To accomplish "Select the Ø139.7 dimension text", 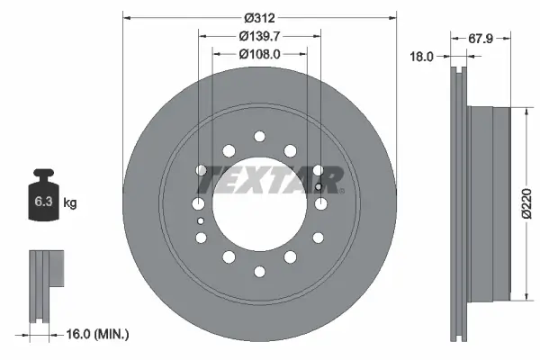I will pyautogui.click(x=259, y=35).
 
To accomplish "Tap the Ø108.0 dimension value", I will pyautogui.click(x=259, y=53).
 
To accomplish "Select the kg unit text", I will pyautogui.click(x=70, y=203).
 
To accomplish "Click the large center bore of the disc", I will pyautogui.click(x=259, y=203).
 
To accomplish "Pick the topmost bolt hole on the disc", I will pyautogui.click(x=259, y=136).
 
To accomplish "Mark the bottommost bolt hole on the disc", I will pyautogui.click(x=259, y=271).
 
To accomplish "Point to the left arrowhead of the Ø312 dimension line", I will pyautogui.click(x=125, y=17).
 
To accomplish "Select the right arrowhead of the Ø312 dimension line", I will pyautogui.click(x=392, y=17).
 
